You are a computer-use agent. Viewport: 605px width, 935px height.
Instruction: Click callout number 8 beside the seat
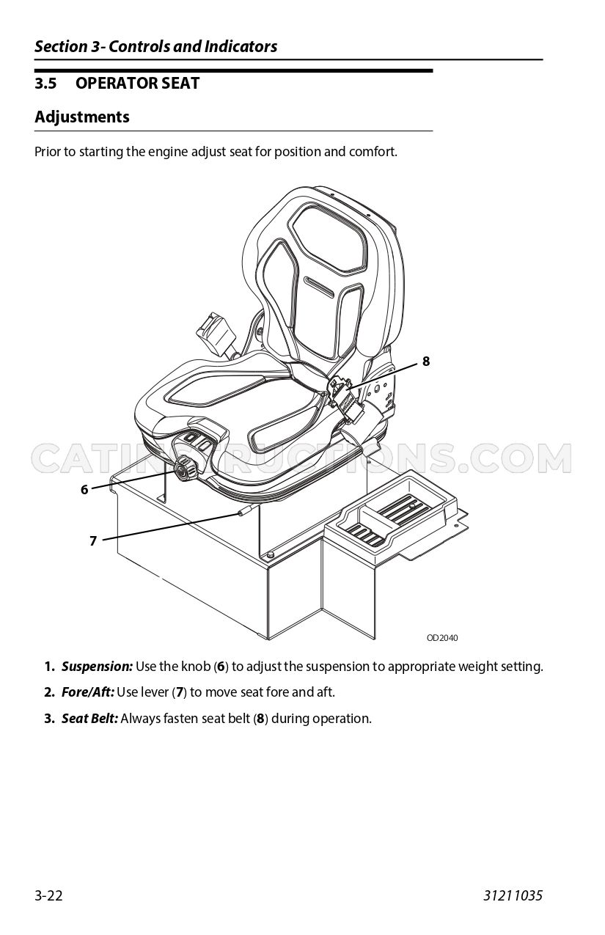pyautogui.click(x=425, y=361)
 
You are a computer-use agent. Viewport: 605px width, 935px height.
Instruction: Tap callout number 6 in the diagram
pyautogui.click(x=84, y=489)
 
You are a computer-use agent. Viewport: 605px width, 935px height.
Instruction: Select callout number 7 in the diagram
pyautogui.click(x=93, y=540)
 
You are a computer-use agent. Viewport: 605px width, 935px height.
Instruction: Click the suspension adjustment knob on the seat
pyautogui.click(x=184, y=470)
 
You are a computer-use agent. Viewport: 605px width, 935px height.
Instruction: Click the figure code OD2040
pyautogui.click(x=442, y=638)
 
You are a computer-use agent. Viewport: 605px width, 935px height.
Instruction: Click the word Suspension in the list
pyautogui.click(x=97, y=667)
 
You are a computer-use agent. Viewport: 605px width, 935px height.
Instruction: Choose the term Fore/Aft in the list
pyautogui.click(x=88, y=692)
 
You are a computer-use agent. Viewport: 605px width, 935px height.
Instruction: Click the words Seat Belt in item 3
pyautogui.click(x=89, y=719)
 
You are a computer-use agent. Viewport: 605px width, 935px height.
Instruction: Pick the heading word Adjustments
pyautogui.click(x=82, y=117)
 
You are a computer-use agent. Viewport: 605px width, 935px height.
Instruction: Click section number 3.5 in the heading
pyautogui.click(x=45, y=83)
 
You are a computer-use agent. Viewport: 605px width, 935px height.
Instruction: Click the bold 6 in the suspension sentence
pyautogui.click(x=221, y=667)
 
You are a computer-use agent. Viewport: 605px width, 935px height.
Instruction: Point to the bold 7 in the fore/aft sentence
pyautogui.click(x=180, y=692)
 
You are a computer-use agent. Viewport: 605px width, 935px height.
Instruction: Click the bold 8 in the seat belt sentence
pyautogui.click(x=260, y=719)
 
